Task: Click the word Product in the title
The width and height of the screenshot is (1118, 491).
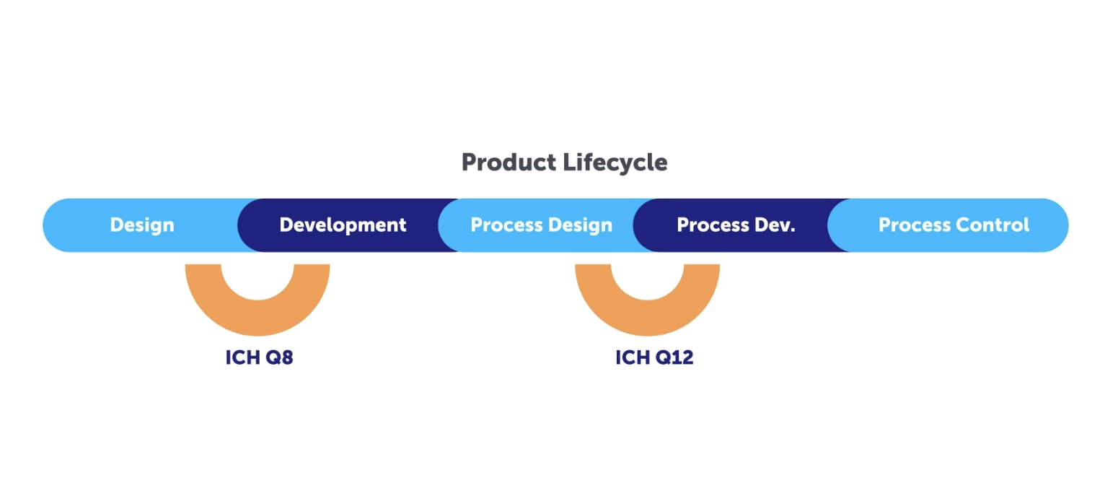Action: (509, 162)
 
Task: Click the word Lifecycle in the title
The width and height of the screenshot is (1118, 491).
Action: (615, 163)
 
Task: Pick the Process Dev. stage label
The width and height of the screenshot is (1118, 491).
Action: (736, 225)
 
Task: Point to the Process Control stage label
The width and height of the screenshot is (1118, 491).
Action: (954, 225)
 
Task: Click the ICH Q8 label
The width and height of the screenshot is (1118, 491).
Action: (259, 357)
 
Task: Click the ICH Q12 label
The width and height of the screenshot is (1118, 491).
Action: (654, 357)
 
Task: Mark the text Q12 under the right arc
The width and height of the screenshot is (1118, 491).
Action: (674, 357)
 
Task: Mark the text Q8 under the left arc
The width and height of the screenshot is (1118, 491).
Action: (279, 357)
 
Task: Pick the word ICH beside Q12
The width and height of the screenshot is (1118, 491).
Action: (632, 357)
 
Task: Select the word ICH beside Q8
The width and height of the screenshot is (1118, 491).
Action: (242, 357)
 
